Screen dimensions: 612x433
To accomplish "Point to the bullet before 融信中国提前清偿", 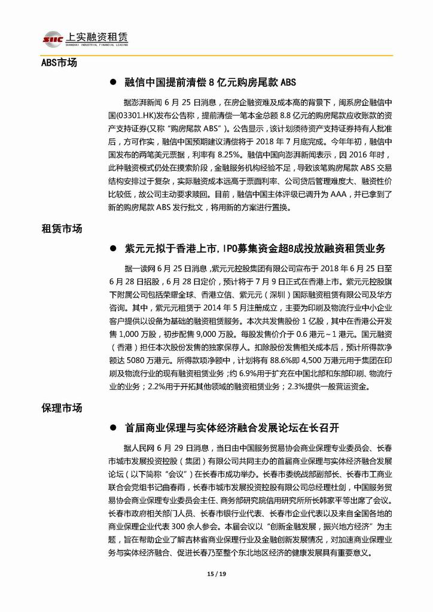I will coord(113,82).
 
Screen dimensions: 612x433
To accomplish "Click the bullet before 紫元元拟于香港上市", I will coord(113,248).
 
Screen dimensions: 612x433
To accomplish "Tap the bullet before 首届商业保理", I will coord(113,428).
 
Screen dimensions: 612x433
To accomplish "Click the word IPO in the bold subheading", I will coord(231,248).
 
